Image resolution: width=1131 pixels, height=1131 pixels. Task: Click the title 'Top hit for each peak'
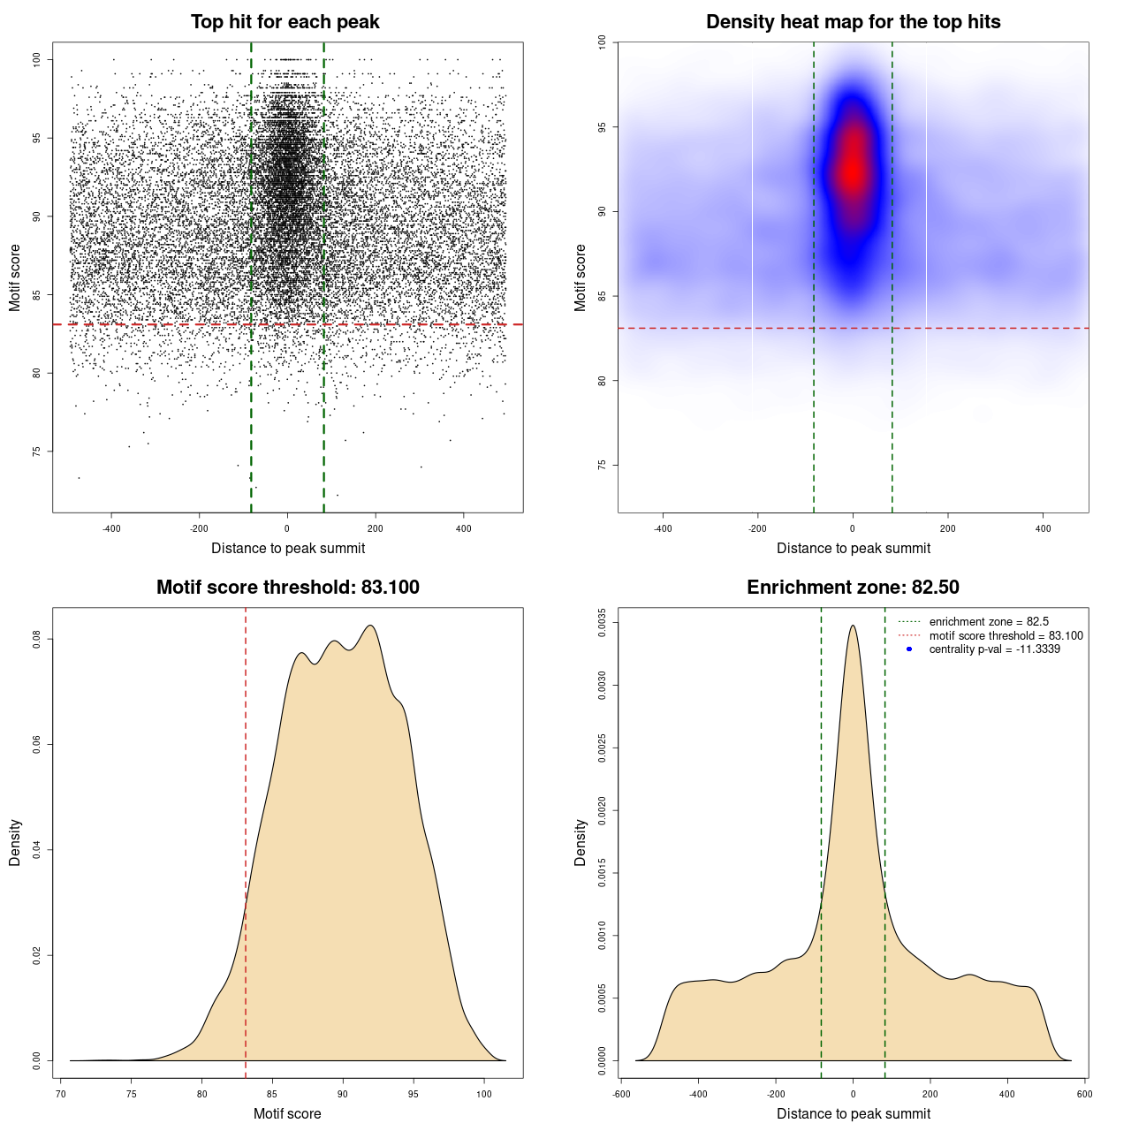tap(285, 22)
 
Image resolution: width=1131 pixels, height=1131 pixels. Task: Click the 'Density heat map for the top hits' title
tap(853, 22)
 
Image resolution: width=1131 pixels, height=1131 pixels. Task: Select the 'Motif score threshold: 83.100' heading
tap(287, 588)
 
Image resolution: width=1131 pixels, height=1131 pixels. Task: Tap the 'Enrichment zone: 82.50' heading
tap(853, 588)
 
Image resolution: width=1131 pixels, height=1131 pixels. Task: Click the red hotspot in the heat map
tap(852, 168)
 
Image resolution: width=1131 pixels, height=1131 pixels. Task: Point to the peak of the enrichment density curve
tap(853, 626)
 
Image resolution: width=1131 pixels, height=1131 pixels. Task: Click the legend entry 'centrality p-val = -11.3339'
tap(994, 649)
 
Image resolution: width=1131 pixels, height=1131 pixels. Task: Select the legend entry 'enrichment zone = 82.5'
tap(989, 622)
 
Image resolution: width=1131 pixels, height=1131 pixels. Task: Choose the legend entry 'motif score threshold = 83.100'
tap(1006, 636)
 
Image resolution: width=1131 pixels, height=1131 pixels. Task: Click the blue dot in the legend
tap(909, 649)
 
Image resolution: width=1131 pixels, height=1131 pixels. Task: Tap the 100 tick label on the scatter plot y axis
tap(37, 59)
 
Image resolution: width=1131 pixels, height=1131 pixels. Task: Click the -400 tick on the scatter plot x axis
tap(111, 528)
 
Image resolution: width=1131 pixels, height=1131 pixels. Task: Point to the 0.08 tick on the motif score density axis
tap(37, 639)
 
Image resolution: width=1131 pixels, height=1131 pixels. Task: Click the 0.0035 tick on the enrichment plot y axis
tap(603, 623)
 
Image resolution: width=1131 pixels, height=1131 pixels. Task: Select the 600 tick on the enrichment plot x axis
tap(1084, 1094)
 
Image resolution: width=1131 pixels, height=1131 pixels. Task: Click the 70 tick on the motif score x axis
tap(61, 1094)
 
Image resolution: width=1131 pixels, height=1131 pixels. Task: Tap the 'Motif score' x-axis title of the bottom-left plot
tap(287, 1113)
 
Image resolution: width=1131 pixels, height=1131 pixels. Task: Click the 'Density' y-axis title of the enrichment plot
tap(581, 842)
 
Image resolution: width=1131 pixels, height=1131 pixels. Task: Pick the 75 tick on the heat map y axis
tap(603, 465)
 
